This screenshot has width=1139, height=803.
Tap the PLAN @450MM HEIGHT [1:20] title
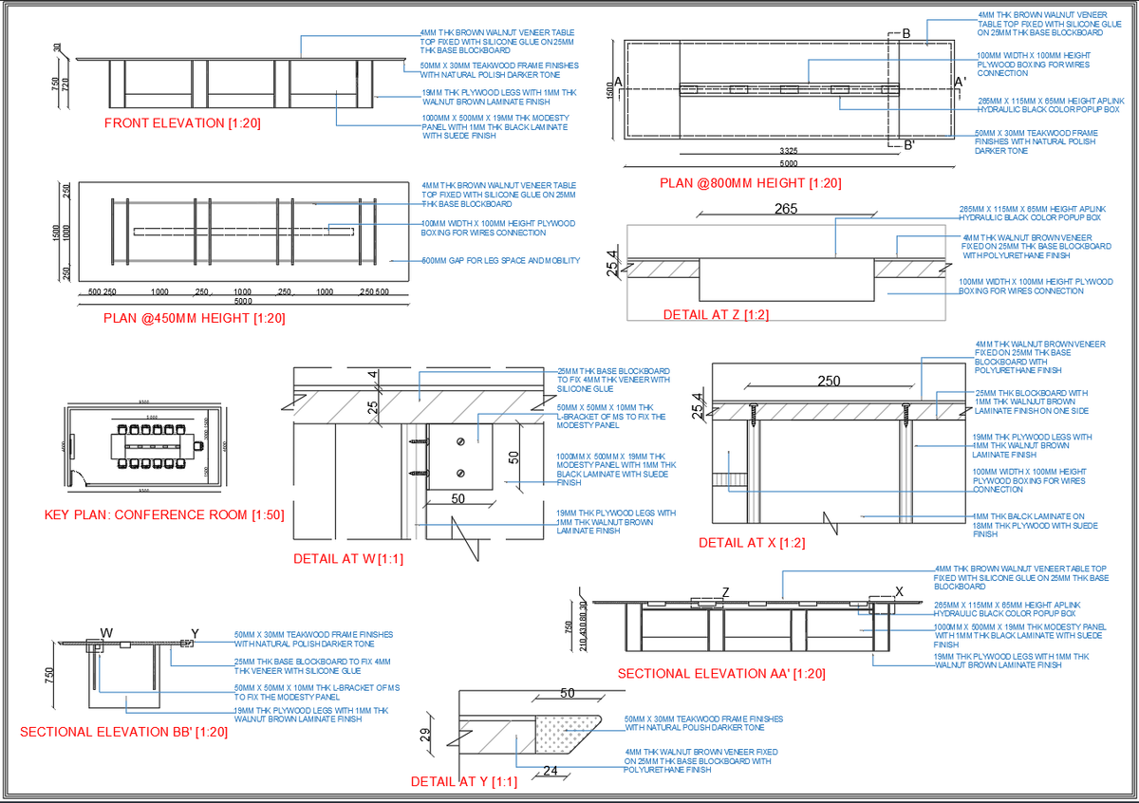194,319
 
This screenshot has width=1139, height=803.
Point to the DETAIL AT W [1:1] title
348,559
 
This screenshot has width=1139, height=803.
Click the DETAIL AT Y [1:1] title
463,782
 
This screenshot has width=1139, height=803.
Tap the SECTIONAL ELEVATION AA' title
721,674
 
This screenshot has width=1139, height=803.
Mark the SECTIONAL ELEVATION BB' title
124,732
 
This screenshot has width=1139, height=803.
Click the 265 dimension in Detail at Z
786,210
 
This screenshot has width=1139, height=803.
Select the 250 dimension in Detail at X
829,381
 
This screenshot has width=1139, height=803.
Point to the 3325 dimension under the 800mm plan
788,151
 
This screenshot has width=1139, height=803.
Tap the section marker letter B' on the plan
908,145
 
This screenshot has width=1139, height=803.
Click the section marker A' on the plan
960,84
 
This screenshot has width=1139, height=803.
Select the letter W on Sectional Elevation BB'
106,632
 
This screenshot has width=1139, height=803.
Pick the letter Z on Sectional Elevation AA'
725,592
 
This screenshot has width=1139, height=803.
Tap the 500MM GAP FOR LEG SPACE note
500,260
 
